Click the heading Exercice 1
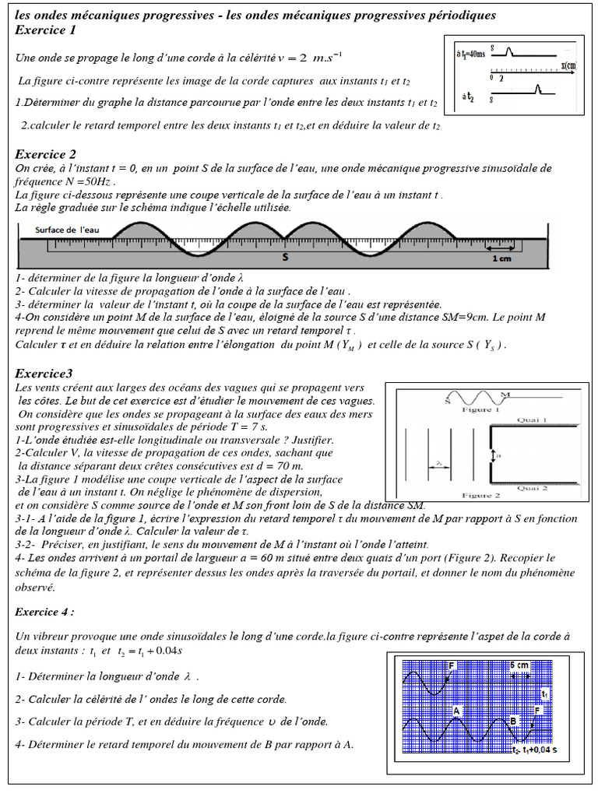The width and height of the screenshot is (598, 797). click(46, 30)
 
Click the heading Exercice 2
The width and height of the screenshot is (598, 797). click(46, 154)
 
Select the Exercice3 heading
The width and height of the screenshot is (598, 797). click(44, 373)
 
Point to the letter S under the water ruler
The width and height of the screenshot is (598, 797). click(285, 256)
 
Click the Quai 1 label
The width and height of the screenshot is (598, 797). click(533, 419)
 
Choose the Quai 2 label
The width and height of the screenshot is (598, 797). click(533, 488)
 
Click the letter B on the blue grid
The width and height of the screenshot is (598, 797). click(512, 720)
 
